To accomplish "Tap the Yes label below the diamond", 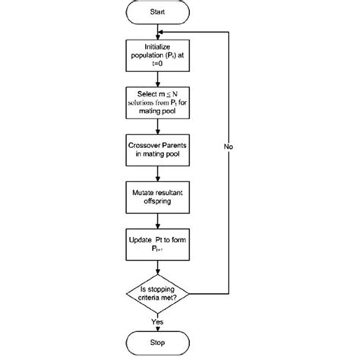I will click(157, 321).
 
